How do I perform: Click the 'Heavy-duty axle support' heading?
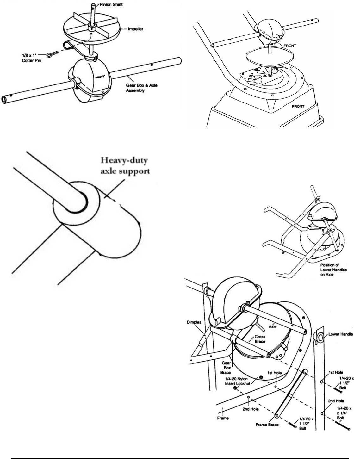pyautogui.click(x=125, y=166)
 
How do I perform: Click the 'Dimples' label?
pyautogui.click(x=194, y=323)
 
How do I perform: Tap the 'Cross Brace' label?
pyautogui.click(x=260, y=340)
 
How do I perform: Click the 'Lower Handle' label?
pyautogui.click(x=340, y=334)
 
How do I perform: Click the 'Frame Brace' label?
pyautogui.click(x=267, y=425)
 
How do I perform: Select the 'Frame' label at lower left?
pyautogui.click(x=223, y=418)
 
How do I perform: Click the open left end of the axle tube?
pyautogui.click(x=4, y=100)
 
